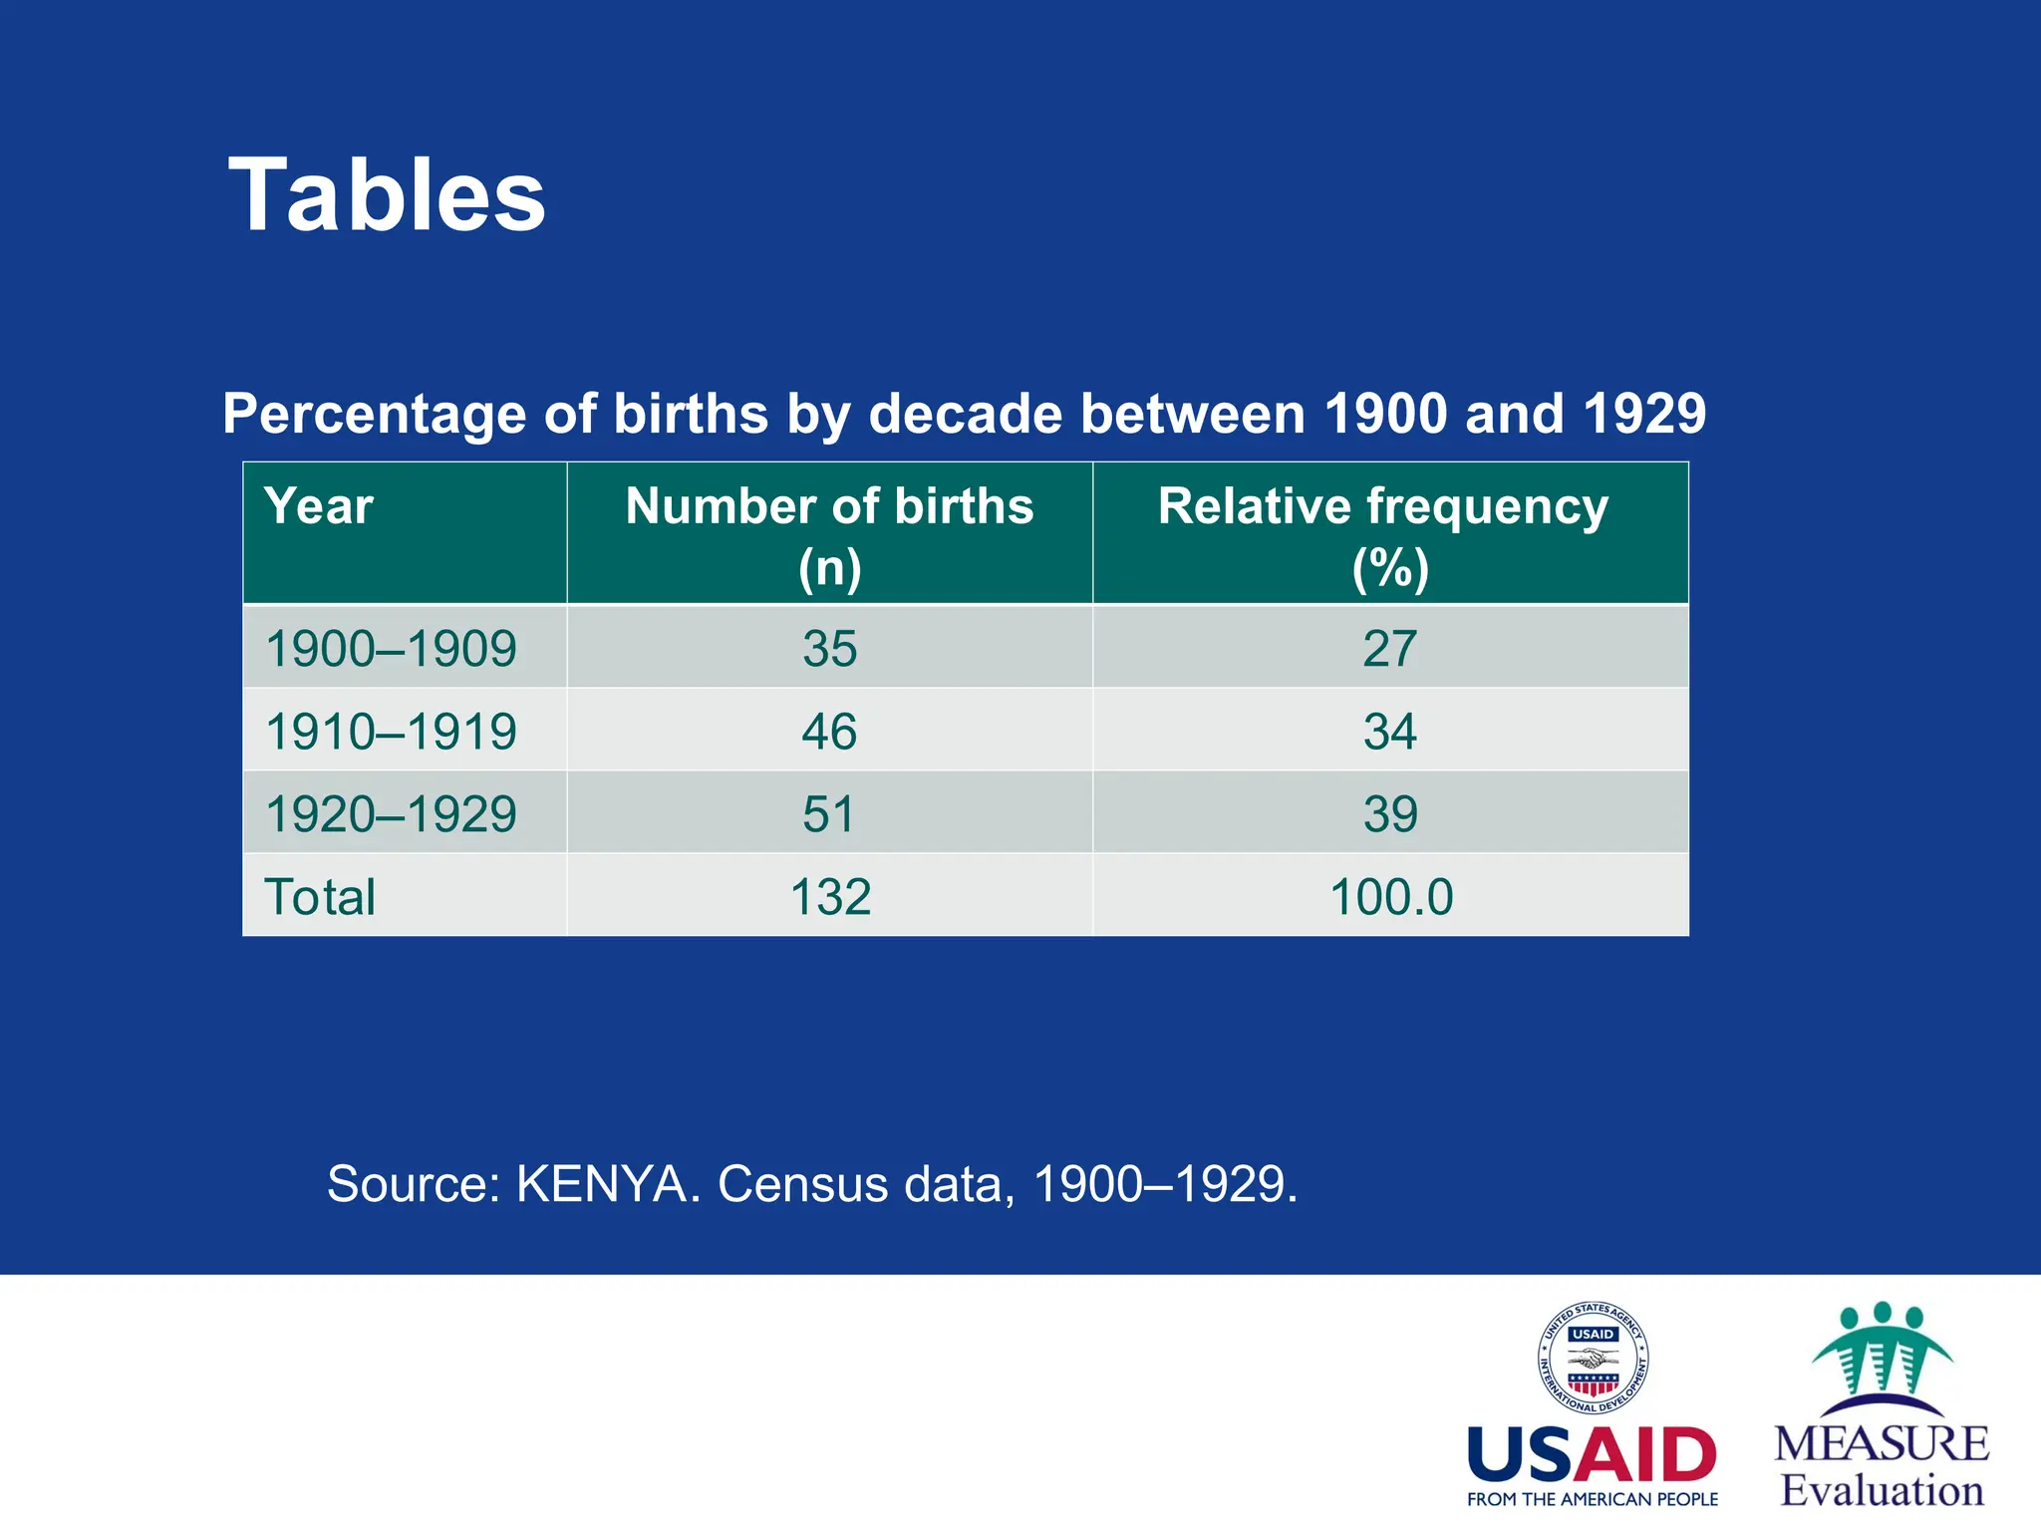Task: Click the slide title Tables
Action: point(387,195)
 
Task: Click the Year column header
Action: point(319,506)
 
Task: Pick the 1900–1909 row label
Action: point(391,649)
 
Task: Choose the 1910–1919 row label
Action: point(391,732)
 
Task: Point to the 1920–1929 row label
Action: point(391,814)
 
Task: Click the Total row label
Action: point(319,897)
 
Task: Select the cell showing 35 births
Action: point(829,649)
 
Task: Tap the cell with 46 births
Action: point(829,732)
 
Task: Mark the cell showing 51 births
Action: point(829,814)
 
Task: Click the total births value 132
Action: point(829,897)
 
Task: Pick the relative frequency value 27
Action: point(1389,649)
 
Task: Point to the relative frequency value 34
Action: point(1389,732)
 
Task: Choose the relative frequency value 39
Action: point(1389,814)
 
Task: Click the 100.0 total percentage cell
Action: point(1391,897)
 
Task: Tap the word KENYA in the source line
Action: point(601,1185)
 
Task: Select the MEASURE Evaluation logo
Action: point(1882,1405)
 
